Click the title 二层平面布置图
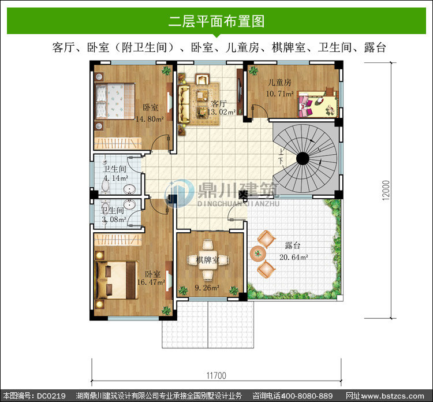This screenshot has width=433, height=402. (216, 21)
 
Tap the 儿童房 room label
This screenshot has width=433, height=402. (279, 83)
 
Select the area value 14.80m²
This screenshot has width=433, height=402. (150, 119)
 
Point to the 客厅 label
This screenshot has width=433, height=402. (219, 103)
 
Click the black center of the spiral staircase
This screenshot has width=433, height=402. (303, 159)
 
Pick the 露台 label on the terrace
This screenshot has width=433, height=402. (293, 245)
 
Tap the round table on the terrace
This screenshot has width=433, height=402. (258, 254)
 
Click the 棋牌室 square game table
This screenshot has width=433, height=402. (208, 260)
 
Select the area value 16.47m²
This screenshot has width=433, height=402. (151, 282)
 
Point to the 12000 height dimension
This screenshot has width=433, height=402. (386, 190)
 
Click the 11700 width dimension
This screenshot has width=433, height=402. (216, 376)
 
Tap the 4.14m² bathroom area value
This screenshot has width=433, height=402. (115, 178)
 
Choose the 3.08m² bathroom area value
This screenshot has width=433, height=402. (114, 219)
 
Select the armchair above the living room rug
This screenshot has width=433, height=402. (203, 79)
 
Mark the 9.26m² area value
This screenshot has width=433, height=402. (207, 288)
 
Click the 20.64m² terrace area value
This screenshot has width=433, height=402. (294, 257)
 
